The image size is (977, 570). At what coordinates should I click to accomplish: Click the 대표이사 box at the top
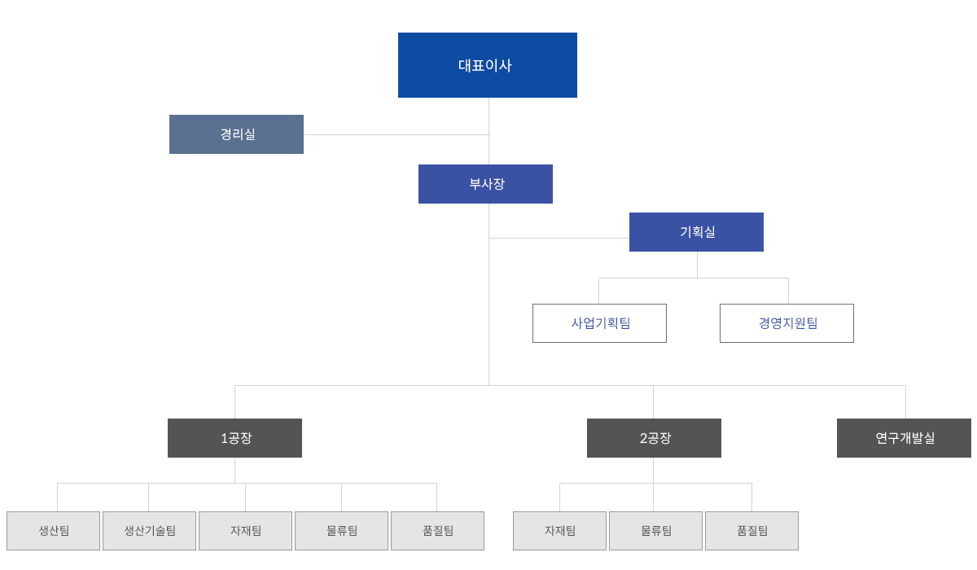coord(487,65)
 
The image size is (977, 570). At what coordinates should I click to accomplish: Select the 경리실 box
coord(236,134)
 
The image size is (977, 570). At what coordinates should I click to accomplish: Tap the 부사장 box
coord(485,184)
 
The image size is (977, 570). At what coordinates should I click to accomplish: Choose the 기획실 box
coord(696,232)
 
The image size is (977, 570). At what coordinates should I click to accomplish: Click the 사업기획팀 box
coord(599,323)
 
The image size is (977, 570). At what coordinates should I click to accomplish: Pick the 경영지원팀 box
coord(786,323)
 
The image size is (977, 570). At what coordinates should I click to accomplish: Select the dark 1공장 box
coord(234,438)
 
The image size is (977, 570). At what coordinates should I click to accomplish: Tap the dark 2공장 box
coord(654,438)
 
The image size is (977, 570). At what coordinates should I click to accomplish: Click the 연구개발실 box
coord(904,438)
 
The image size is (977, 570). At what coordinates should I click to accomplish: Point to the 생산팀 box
coord(53,531)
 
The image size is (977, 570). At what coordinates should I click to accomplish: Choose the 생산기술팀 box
coord(149,531)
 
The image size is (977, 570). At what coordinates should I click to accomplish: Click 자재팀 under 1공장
coord(246,531)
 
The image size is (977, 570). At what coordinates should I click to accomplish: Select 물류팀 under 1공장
coord(341,531)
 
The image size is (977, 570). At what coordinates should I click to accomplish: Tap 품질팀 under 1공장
coord(437,531)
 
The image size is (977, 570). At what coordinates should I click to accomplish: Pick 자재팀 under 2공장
coord(559,531)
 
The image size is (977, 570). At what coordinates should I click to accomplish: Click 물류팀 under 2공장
coord(655,531)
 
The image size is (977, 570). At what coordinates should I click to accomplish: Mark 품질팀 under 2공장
coord(752,531)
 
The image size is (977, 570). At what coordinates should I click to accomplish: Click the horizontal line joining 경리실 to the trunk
coord(396,134)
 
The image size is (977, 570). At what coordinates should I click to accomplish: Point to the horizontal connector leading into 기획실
coord(559,238)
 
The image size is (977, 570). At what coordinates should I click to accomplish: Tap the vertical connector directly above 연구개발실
coord(905,402)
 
